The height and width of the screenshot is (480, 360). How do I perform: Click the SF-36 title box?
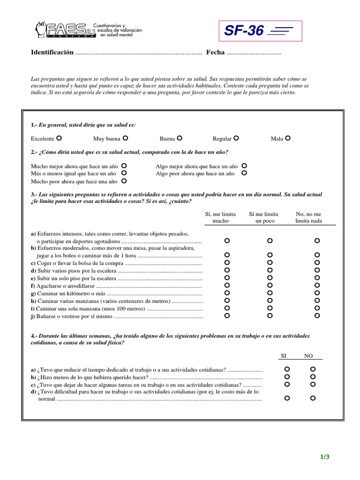260,31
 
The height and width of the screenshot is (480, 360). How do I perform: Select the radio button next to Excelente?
59,138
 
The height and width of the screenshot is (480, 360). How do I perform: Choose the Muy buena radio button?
125,138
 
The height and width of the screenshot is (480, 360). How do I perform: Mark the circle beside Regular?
236,138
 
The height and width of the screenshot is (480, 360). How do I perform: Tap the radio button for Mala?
288,138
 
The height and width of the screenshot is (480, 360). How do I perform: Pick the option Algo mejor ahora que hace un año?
244,166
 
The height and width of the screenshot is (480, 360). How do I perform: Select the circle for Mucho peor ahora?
124,180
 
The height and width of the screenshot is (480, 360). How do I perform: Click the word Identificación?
52,52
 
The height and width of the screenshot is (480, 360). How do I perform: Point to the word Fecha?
215,52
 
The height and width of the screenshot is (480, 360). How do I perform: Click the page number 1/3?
325,457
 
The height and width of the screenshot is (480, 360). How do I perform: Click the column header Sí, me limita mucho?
220,217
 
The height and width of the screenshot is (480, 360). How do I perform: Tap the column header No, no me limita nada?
308,217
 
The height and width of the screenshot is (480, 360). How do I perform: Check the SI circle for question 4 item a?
287,369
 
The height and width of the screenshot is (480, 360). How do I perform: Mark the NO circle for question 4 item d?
313,398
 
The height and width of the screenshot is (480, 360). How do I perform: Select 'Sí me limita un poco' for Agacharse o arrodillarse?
270,285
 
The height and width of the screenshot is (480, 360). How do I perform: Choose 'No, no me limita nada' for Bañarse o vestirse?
317,315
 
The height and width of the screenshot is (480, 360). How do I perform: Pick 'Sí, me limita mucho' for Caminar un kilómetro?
227,293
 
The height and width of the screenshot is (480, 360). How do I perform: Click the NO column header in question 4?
308,356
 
